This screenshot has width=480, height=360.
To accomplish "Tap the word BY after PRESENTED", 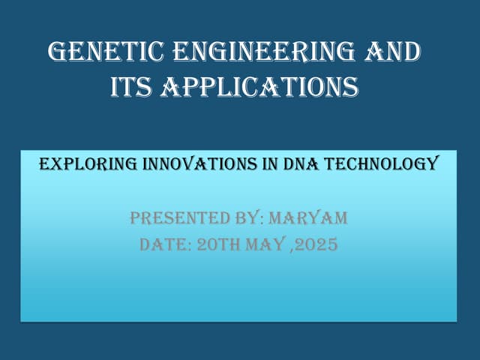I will point(243,219).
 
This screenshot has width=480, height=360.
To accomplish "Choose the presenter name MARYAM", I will point(308,219).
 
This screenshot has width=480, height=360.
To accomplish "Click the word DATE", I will point(163,244).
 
